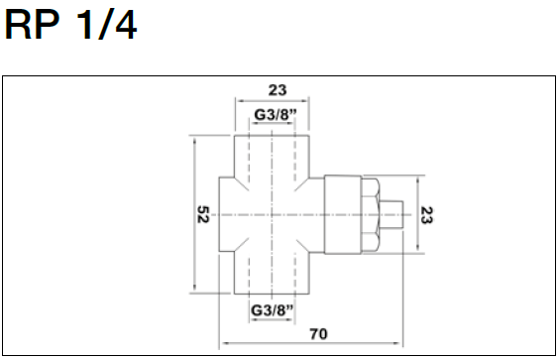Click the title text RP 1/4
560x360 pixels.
point(70,25)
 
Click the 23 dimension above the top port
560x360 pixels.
point(278,90)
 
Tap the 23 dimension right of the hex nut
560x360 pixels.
point(426,215)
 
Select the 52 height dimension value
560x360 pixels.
point(203,214)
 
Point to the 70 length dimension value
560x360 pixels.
point(318,334)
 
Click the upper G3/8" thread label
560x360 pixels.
point(276,115)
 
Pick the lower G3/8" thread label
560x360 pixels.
point(273,310)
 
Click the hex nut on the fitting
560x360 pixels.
point(370,215)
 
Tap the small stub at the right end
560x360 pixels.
point(392,215)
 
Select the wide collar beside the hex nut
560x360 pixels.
point(343,214)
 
